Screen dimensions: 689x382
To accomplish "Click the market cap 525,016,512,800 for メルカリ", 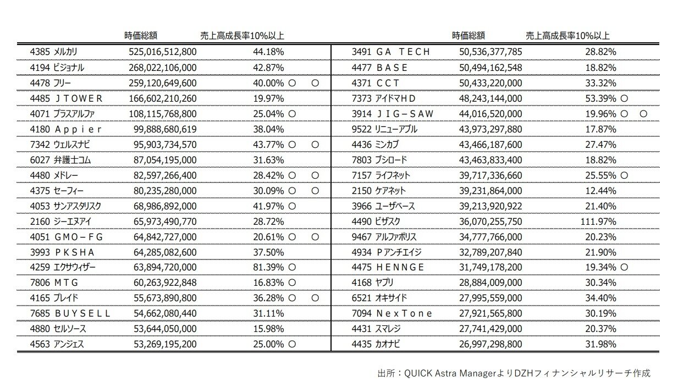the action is pos(162,52).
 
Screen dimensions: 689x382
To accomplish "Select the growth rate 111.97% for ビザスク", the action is pos(598,222).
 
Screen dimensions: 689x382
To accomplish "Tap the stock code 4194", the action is pos(40,68).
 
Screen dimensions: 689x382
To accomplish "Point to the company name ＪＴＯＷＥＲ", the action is pos(79,99).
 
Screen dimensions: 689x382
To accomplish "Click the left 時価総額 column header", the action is pos(141,36).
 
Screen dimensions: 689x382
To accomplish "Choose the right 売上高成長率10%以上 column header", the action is pos(567,36).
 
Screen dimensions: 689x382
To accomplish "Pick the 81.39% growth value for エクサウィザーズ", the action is pos(268,267).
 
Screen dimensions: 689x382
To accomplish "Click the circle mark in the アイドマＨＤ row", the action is pos(624,99).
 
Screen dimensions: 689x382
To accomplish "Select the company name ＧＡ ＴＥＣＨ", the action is pos(403,52).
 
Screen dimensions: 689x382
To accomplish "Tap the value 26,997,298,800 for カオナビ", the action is pos(490,344).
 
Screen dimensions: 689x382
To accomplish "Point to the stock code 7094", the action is pos(361,313).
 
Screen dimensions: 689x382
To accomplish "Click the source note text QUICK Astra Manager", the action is pos(450,373).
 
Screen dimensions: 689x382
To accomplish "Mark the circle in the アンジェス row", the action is pos(292,344).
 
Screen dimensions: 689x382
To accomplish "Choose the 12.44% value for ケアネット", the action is pos(600,191).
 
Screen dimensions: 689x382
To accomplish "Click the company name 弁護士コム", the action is pos(72,160).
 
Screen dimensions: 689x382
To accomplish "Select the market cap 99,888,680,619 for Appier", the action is pos(165,130).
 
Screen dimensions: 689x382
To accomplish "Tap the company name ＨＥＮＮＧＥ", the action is pos(400,267).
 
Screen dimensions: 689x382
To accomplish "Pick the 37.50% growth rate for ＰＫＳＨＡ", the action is pos(268,252).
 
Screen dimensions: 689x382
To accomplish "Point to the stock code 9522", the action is pos(361,130).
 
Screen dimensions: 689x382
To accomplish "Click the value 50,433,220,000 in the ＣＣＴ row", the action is pos(490,84).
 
